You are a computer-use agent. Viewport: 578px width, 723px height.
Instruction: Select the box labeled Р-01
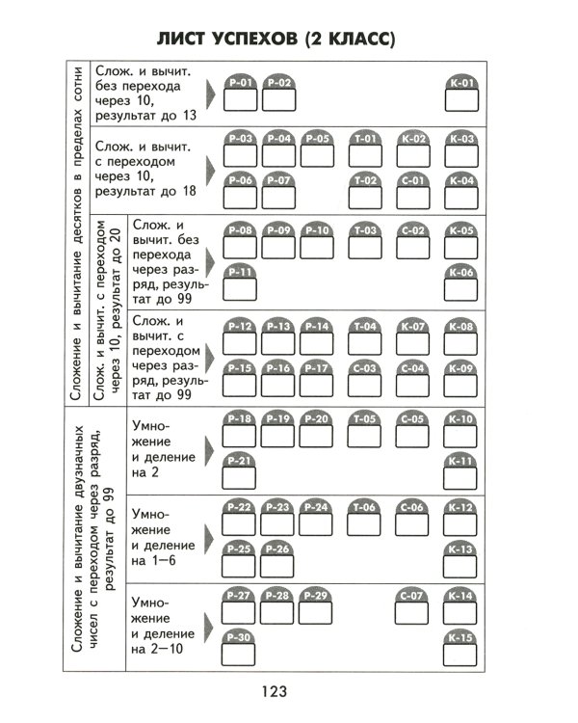point(241,94)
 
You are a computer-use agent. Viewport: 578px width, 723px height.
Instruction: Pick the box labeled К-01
point(461,94)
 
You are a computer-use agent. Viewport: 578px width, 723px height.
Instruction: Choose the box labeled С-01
point(413,190)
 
